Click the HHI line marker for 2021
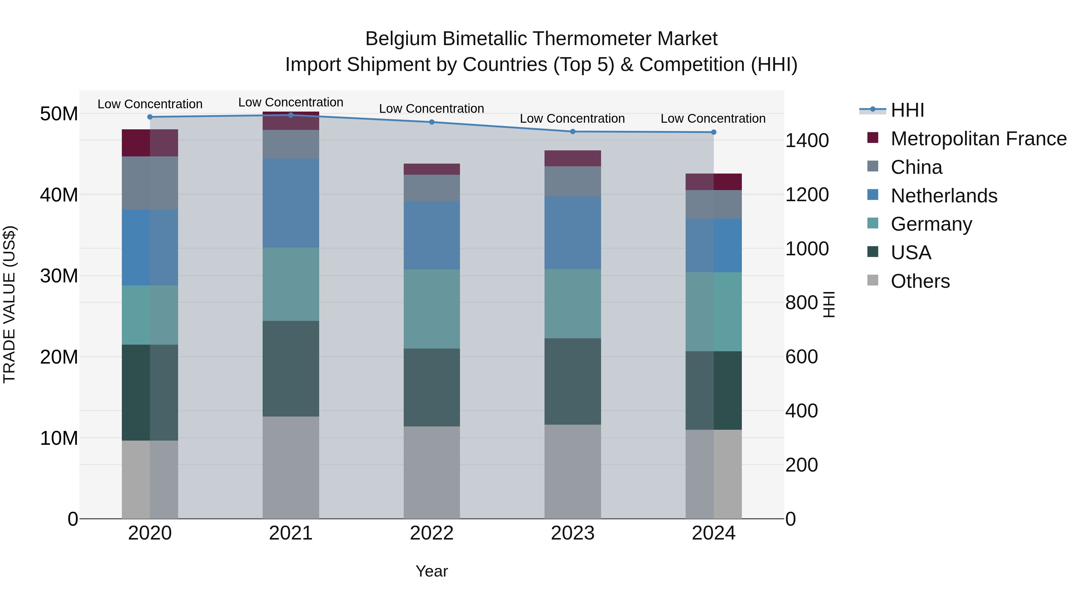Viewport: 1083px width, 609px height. pos(291,115)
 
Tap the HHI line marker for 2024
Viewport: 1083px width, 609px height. pos(714,132)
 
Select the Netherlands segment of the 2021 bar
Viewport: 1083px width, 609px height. pos(291,203)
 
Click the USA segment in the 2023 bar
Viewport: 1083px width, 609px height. pos(572,381)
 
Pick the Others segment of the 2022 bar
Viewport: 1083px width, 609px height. pos(432,472)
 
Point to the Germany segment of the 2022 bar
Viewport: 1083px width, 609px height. pos(432,309)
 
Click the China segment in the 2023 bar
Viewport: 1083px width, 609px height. pos(572,181)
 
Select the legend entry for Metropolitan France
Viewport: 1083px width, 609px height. pos(978,139)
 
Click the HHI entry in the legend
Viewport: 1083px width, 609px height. pos(907,110)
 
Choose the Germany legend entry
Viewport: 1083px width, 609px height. pos(931,224)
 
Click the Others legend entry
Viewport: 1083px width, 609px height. pos(920,281)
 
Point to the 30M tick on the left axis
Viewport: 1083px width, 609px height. pos(59,276)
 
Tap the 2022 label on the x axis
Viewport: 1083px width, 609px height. pos(432,533)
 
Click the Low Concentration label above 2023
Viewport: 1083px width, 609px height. pos(572,118)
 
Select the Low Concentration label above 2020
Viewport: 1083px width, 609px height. pos(150,104)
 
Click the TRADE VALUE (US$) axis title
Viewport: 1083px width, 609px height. pos(9,304)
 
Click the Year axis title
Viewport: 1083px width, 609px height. pos(432,571)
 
